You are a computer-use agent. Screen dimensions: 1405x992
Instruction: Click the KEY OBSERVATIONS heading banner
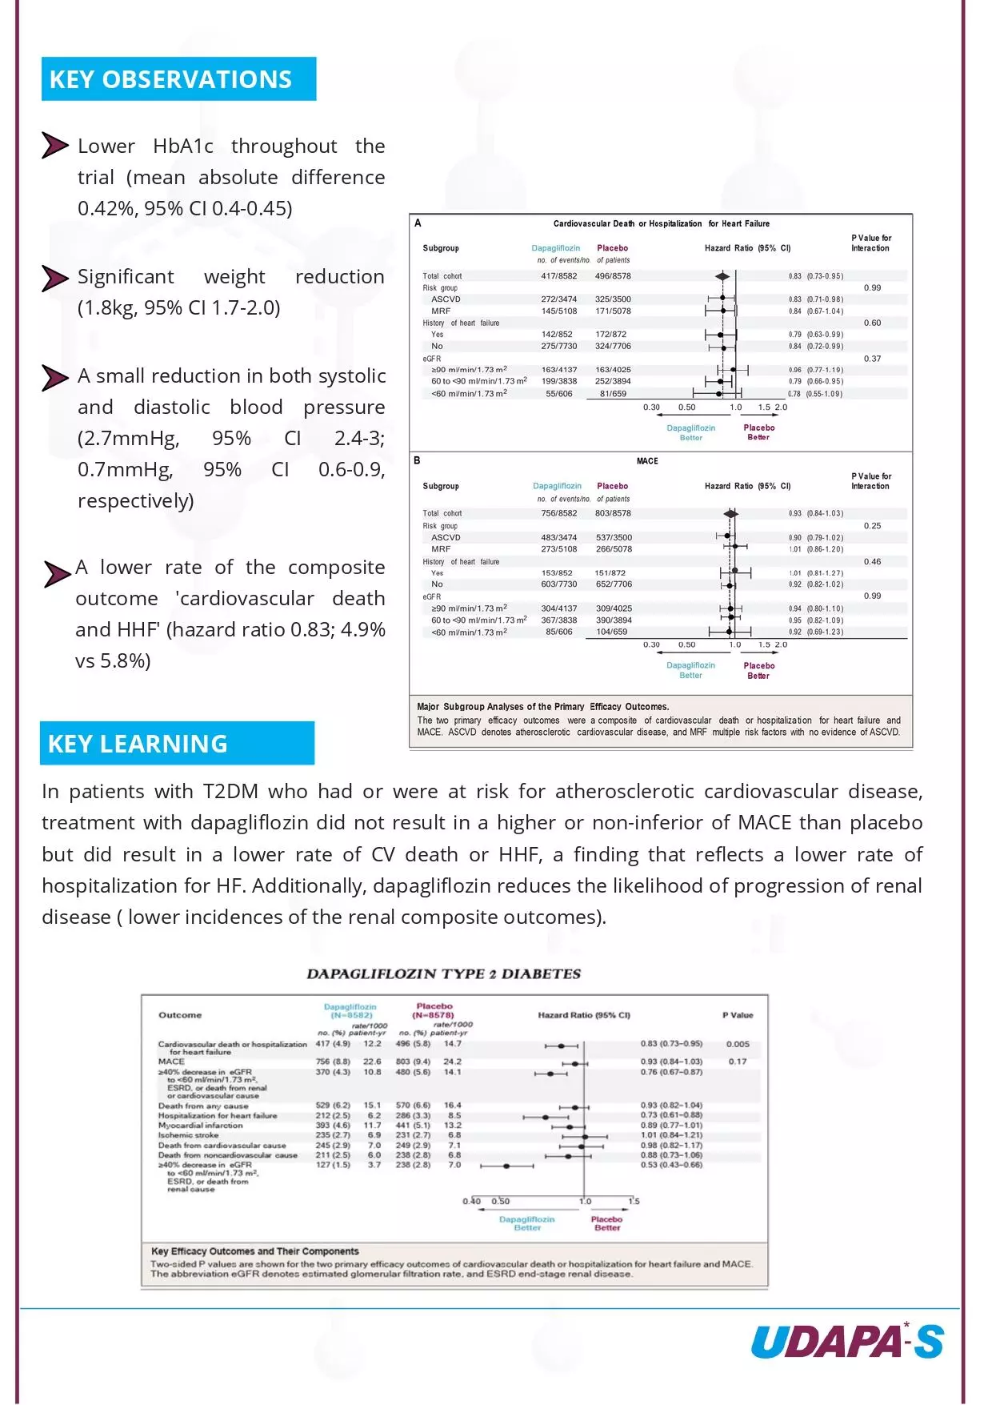click(178, 79)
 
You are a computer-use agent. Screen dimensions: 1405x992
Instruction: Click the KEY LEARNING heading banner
click(177, 744)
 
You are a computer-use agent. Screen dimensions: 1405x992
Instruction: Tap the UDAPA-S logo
click(847, 1341)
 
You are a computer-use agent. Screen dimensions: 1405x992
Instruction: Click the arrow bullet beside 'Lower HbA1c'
click(54, 146)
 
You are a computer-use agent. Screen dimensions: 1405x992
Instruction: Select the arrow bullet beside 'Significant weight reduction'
click(54, 278)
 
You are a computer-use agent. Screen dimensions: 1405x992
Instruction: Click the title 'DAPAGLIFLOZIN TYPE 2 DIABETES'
click(443, 973)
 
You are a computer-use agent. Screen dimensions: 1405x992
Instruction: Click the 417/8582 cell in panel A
click(558, 276)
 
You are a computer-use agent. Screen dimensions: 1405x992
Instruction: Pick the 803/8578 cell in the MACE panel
click(613, 513)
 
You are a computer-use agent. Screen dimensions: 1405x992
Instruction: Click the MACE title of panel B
click(647, 461)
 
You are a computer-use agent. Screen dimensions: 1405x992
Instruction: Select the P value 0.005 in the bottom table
click(738, 1044)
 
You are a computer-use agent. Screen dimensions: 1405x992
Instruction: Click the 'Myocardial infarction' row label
click(200, 1126)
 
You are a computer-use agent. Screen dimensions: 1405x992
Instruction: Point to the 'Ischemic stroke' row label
click(188, 1135)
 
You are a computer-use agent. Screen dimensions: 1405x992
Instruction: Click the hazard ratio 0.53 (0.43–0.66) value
click(671, 1165)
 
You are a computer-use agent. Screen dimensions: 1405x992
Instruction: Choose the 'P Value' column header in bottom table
click(738, 1015)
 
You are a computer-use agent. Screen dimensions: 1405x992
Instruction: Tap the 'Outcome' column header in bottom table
click(180, 1015)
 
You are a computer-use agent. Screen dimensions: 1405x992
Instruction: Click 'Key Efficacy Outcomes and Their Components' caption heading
click(254, 1251)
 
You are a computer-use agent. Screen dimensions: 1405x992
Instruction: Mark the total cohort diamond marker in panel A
click(722, 276)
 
